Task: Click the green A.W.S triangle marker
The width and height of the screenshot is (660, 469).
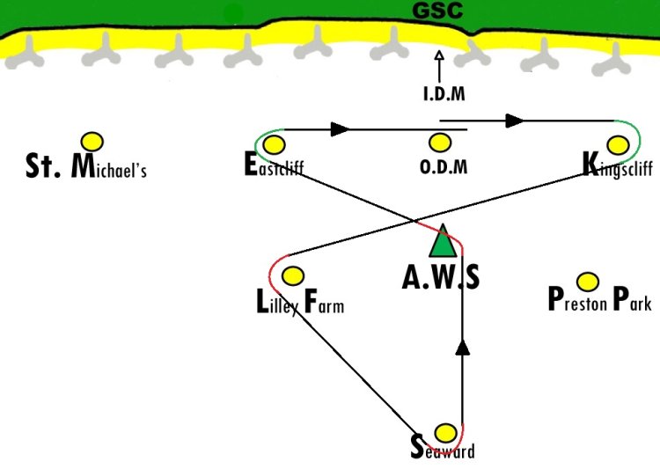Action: [x=444, y=242]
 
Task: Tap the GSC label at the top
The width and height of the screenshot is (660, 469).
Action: [x=437, y=11]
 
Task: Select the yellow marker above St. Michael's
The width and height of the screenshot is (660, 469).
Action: [x=92, y=141]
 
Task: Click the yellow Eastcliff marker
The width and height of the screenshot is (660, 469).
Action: [x=274, y=144]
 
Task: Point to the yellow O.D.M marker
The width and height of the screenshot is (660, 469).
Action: [x=439, y=143]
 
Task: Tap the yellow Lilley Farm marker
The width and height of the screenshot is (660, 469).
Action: [x=292, y=275]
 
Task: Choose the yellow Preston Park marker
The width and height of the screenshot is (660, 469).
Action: [x=587, y=282]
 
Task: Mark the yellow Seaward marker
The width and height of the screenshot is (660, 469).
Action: [x=446, y=433]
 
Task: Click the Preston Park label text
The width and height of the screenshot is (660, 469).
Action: [x=599, y=301]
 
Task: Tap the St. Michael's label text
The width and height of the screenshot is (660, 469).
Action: [x=85, y=166]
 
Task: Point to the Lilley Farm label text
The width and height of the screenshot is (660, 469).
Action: [x=299, y=304]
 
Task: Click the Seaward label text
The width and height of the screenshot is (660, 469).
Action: [x=443, y=450]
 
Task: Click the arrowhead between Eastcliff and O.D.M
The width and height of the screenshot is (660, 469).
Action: [x=341, y=129]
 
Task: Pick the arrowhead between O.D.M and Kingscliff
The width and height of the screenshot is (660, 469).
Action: [x=515, y=121]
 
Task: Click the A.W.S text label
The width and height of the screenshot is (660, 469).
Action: [x=441, y=278]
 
